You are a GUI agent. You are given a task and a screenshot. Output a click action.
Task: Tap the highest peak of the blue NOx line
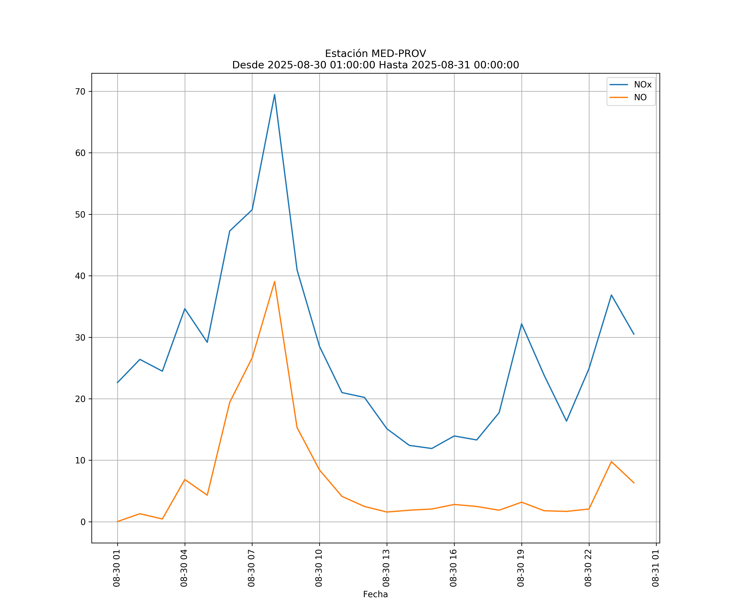tap(275, 95)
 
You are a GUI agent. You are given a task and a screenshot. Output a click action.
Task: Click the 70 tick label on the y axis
tap(80, 92)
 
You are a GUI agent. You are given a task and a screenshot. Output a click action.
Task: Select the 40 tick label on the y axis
tap(80, 276)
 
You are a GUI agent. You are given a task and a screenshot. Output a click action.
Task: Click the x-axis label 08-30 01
tap(117, 568)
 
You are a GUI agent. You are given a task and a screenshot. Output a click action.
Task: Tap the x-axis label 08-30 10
tap(319, 568)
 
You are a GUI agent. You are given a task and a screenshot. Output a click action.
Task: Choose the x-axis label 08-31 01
tap(655, 568)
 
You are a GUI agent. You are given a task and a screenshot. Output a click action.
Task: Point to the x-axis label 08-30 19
tap(521, 568)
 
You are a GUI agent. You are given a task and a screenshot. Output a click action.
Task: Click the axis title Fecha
tap(375, 594)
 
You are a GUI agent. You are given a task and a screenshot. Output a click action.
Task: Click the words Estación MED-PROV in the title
tap(375, 54)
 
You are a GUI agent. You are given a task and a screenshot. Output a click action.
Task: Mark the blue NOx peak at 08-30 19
tap(521, 324)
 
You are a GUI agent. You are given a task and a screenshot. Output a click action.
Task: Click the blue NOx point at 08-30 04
tap(185, 308)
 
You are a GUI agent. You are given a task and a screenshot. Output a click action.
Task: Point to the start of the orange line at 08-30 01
tap(118, 522)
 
